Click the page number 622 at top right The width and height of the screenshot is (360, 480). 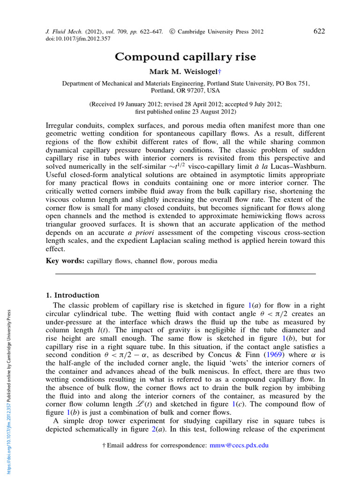coord(319,31)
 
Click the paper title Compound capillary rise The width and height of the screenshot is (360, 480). coord(186,57)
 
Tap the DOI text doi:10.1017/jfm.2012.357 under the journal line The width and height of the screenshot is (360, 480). coord(75,39)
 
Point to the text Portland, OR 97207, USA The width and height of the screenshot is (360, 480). coord(186,90)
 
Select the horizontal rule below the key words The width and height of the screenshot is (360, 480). coord(186,274)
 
